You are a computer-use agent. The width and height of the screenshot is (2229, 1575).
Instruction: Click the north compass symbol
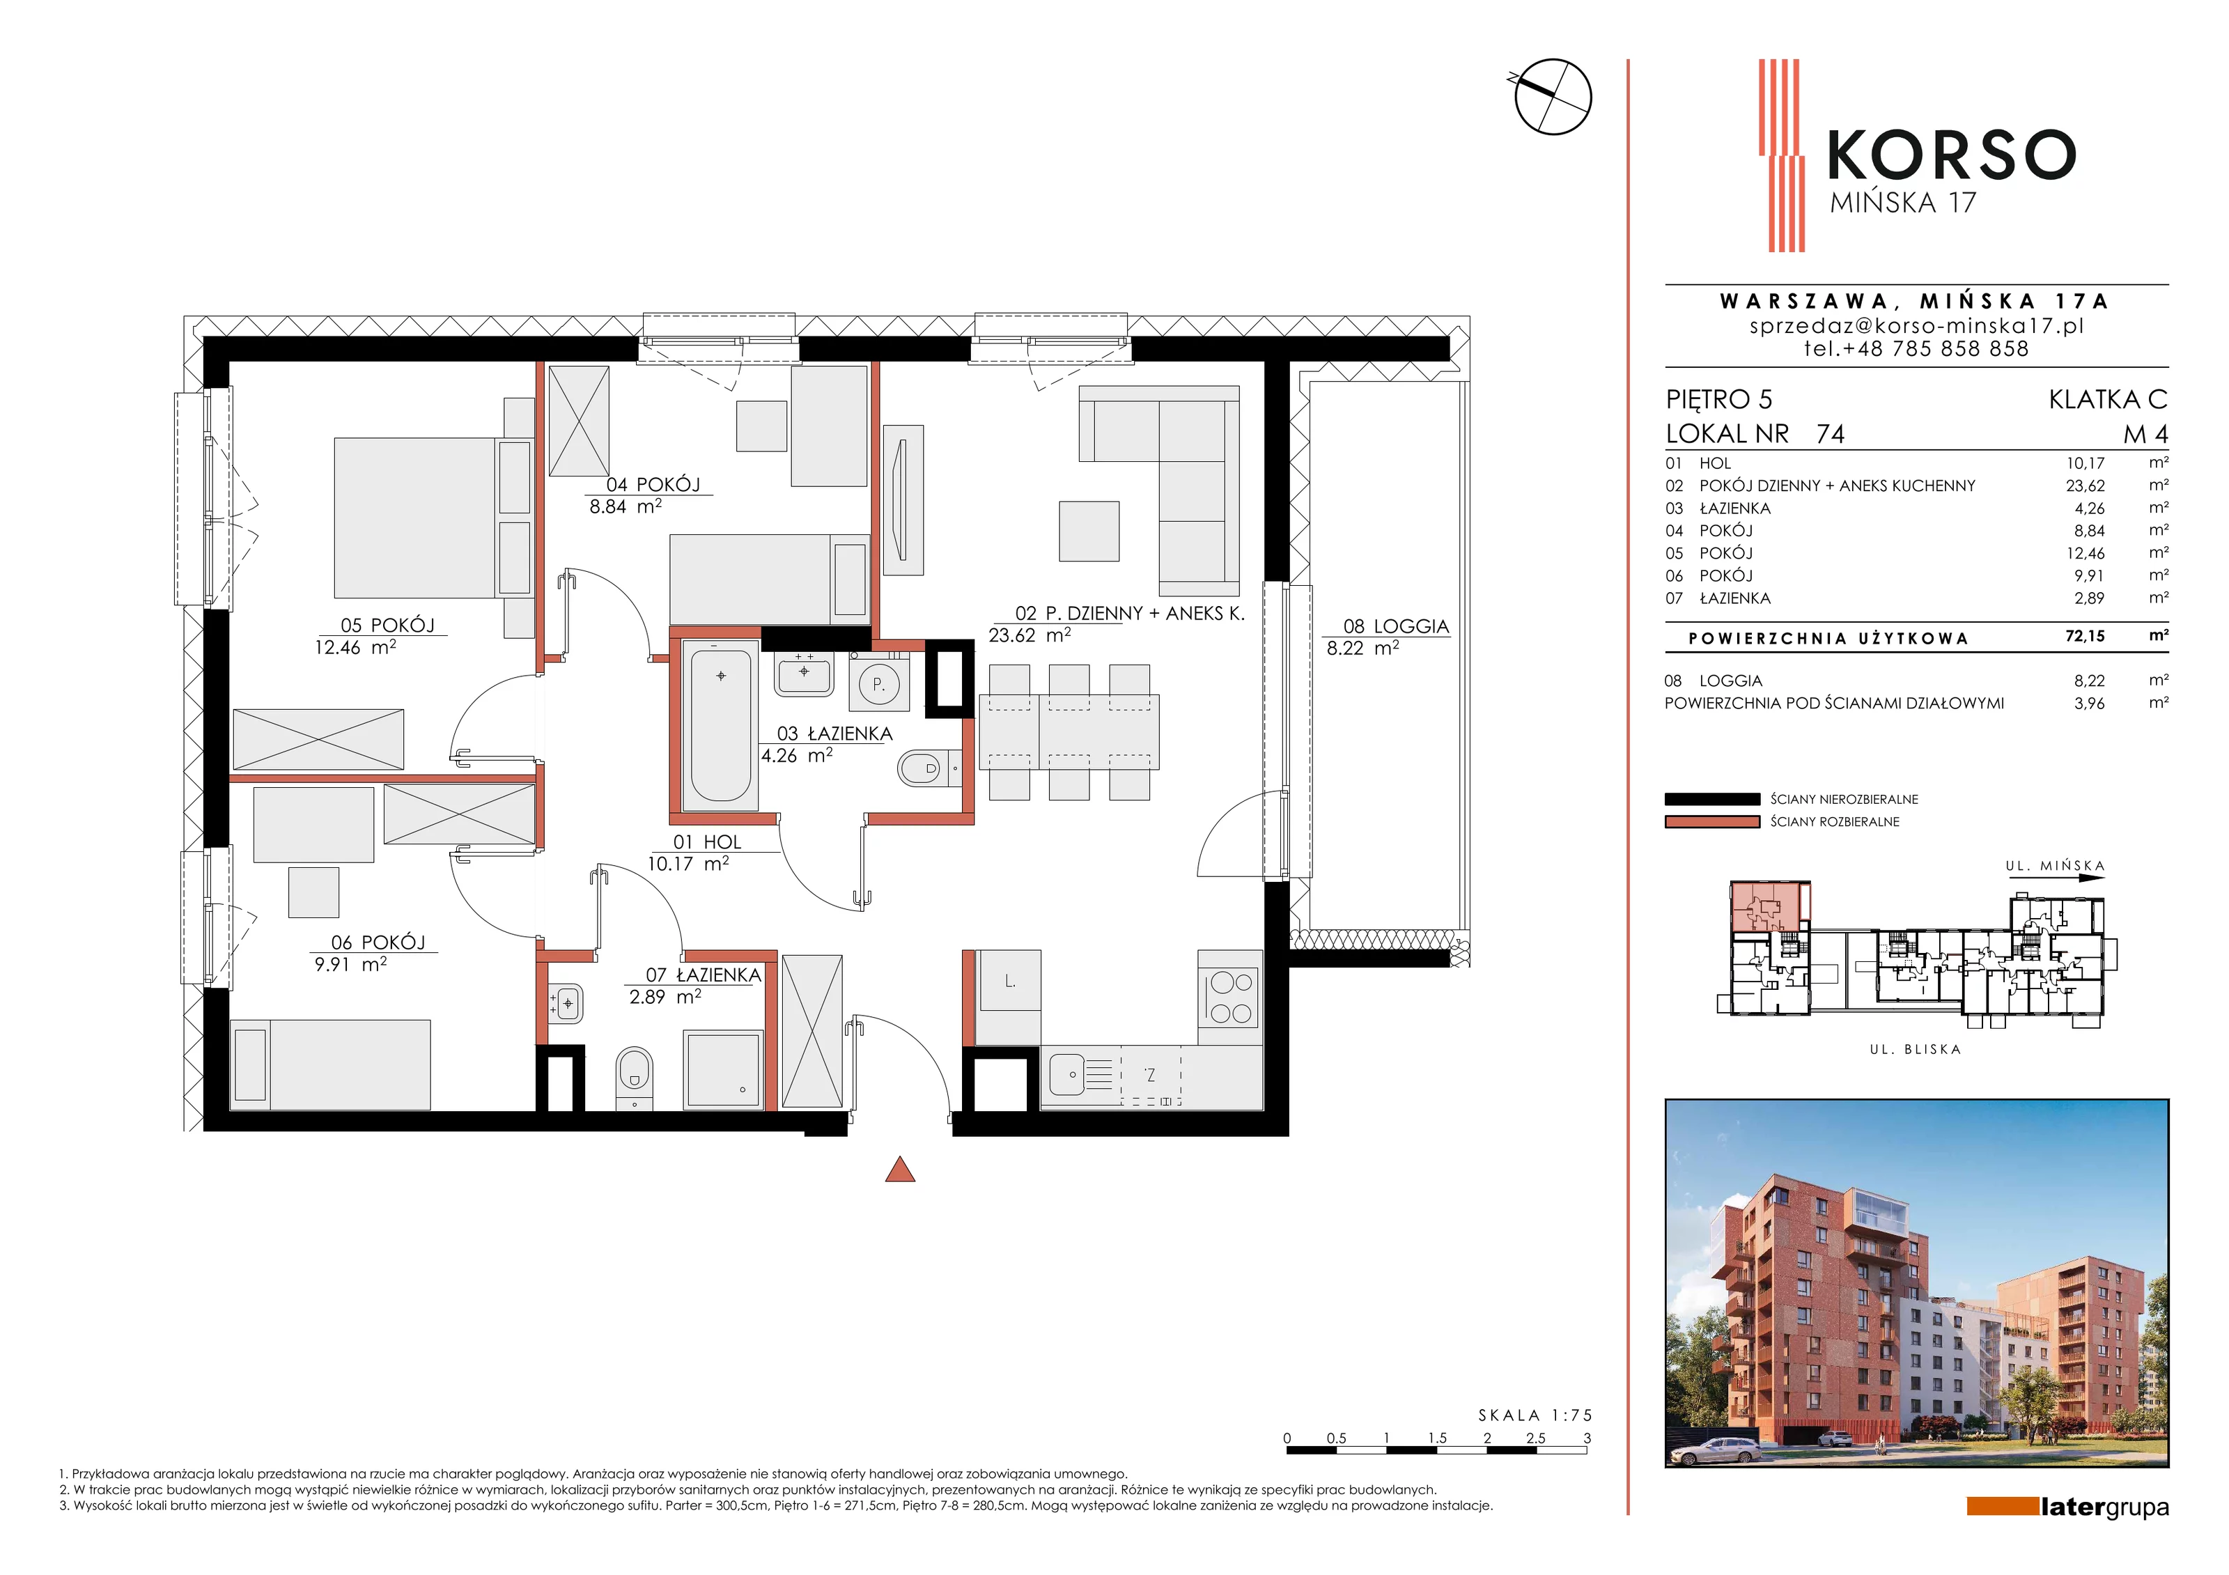coord(1553,96)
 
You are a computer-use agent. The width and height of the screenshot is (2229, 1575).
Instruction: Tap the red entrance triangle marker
coord(900,1170)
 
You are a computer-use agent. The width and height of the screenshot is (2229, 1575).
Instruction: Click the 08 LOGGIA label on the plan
coord(1396,626)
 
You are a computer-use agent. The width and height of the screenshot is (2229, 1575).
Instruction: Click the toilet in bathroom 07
coord(635,1076)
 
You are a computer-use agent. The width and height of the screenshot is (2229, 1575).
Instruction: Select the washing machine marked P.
coord(878,683)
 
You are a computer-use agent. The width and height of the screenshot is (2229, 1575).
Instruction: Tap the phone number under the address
coord(1916,348)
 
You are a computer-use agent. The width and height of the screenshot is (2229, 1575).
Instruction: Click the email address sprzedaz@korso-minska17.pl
coord(1916,325)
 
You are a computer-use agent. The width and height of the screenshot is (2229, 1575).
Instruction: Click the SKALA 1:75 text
coord(1535,1415)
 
